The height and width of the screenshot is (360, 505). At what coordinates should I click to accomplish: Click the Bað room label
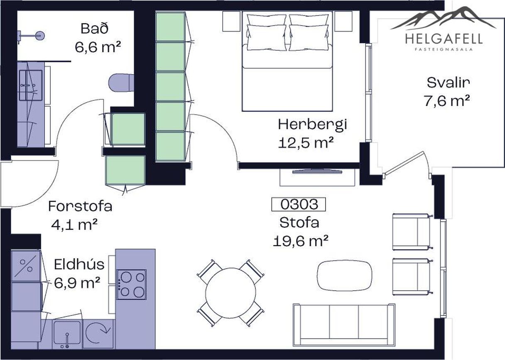pyautogui.click(x=95, y=29)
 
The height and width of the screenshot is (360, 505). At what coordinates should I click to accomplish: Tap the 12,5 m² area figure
pyautogui.click(x=306, y=143)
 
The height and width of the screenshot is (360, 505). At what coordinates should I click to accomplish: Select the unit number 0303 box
pyautogui.click(x=299, y=204)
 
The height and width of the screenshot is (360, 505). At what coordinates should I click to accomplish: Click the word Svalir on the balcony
pyautogui.click(x=448, y=83)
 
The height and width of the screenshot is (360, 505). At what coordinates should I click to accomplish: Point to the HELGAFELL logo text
pyautogui.click(x=444, y=39)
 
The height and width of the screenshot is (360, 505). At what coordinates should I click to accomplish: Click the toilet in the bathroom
pyautogui.click(x=121, y=83)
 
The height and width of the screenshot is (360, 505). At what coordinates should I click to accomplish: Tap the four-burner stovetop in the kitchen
pyautogui.click(x=132, y=284)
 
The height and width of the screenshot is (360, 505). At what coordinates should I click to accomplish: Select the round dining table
pyautogui.click(x=230, y=293)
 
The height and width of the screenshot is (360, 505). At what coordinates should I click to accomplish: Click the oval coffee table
pyautogui.click(x=344, y=276)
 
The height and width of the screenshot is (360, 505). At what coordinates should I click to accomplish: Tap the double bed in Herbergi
pyautogui.click(x=287, y=61)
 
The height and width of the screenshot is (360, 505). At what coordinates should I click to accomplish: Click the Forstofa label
pyautogui.click(x=80, y=206)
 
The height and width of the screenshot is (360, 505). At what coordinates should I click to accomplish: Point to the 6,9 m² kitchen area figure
pyautogui.click(x=77, y=283)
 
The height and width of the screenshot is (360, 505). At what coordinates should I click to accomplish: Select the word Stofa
pyautogui.click(x=299, y=223)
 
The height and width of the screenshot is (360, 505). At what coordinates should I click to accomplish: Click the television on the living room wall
pyautogui.click(x=317, y=171)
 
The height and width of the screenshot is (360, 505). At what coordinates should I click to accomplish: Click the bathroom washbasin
pyautogui.click(x=31, y=85)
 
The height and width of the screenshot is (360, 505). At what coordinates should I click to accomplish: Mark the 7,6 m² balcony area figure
pyautogui.click(x=447, y=101)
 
